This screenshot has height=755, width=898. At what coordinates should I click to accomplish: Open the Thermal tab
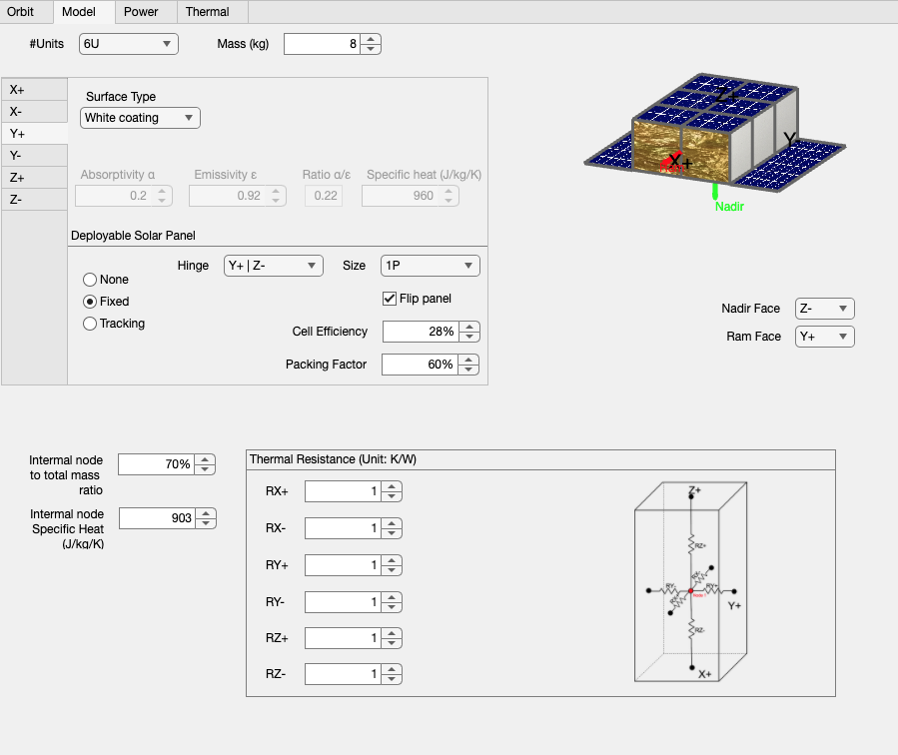point(207,12)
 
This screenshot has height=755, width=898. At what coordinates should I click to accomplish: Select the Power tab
point(141,12)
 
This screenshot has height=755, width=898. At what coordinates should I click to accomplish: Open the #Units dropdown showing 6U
point(128,44)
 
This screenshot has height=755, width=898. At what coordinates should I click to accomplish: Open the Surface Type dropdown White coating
point(140,118)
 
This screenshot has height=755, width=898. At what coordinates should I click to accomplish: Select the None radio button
point(90,280)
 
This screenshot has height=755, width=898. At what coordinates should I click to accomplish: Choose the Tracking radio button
point(90,324)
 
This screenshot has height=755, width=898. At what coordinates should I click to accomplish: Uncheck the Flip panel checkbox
point(391,299)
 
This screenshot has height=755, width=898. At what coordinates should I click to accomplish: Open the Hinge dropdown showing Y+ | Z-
point(274,266)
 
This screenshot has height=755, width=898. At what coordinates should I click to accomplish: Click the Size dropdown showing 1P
point(430,266)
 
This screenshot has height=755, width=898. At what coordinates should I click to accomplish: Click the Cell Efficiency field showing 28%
point(421,332)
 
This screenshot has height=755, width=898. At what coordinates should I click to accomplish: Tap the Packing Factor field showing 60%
point(421,365)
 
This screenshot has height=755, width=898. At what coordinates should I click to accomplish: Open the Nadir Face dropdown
point(824,309)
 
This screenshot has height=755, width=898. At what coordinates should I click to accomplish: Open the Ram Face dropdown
point(824,337)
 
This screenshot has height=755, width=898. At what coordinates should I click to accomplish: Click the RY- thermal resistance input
point(344,602)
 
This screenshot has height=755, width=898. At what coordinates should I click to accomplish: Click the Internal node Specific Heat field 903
point(157,518)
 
